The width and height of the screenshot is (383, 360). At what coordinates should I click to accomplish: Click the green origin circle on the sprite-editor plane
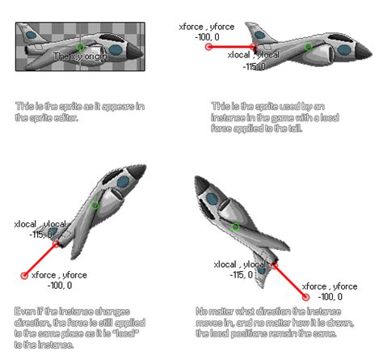click(80, 47)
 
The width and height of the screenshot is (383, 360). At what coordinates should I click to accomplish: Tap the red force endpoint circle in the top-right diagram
click(208, 47)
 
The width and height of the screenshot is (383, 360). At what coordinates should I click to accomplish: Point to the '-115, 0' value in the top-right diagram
click(256, 66)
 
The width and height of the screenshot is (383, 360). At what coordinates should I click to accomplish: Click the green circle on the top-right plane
click(308, 47)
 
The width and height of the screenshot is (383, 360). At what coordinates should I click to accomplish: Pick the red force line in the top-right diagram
click(233, 47)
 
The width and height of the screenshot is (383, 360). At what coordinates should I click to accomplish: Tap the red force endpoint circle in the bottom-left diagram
click(24, 276)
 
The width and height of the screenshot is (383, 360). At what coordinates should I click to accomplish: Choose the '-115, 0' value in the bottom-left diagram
click(40, 235)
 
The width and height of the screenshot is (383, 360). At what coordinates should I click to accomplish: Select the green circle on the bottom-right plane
click(236, 227)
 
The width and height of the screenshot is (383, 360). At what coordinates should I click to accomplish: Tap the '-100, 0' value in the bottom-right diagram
click(330, 296)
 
